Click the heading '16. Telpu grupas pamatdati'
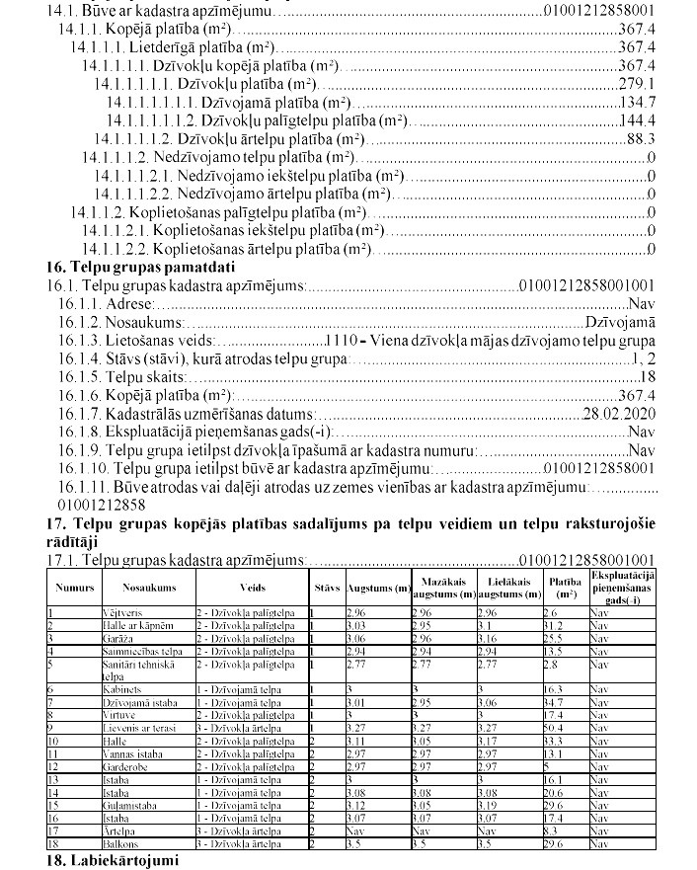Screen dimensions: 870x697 coord(138,268)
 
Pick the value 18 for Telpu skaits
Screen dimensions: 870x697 coord(648,377)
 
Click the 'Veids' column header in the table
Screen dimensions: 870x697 coord(252,587)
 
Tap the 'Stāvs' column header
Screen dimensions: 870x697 coord(327,587)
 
